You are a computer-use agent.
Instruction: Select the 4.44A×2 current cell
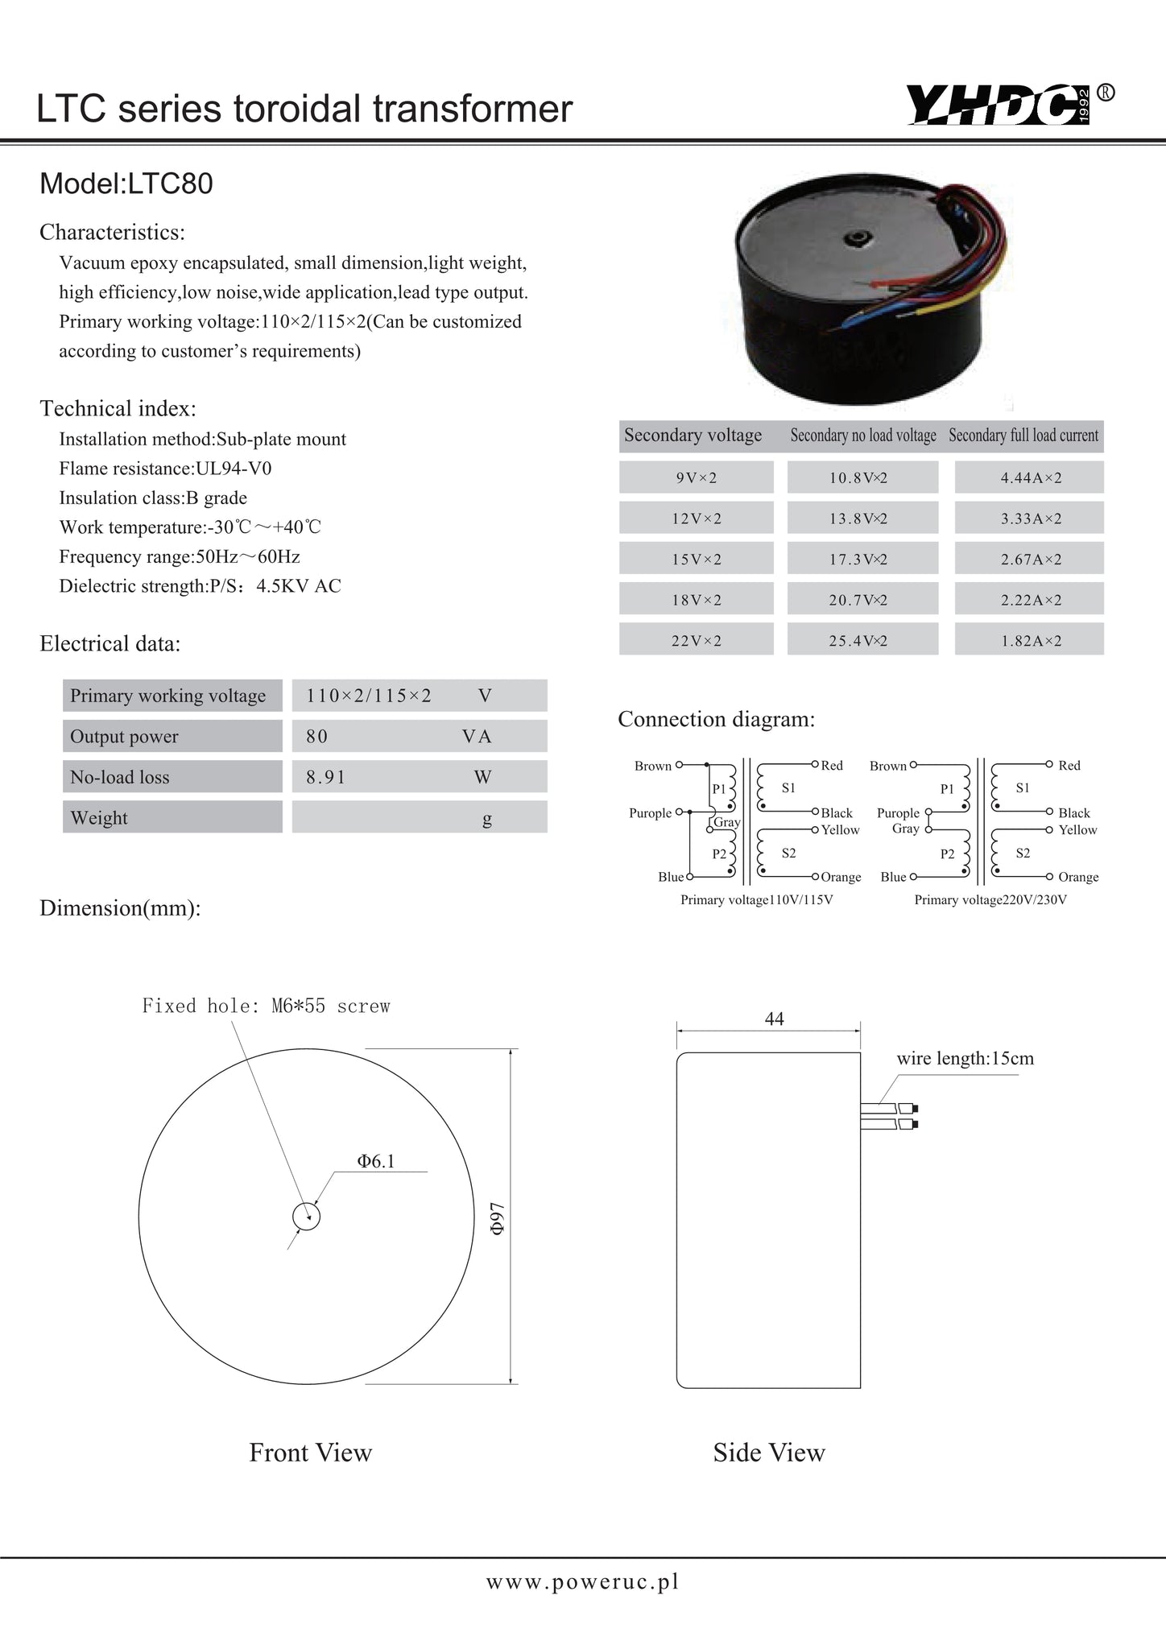tap(1030, 477)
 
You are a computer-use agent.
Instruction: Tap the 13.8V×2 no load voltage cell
tap(862, 519)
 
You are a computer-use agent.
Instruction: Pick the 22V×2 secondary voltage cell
tap(697, 640)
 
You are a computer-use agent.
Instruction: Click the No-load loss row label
tap(172, 777)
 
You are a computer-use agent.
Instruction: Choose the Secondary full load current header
tap(1023, 436)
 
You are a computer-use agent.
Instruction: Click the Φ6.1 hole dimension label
tap(376, 1160)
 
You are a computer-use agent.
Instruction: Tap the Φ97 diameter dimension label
tap(498, 1217)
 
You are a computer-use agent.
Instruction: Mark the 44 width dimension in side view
tap(774, 1019)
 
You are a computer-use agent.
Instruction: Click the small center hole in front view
tap(306, 1217)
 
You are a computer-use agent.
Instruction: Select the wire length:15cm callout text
tap(965, 1058)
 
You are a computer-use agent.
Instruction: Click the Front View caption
tap(310, 1453)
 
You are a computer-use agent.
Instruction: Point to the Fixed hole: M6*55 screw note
tap(266, 1006)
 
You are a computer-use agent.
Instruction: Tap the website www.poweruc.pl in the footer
tap(582, 1581)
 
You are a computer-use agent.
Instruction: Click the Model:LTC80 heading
tap(126, 184)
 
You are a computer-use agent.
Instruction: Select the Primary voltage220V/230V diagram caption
tap(990, 899)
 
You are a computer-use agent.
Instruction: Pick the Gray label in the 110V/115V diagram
tap(727, 822)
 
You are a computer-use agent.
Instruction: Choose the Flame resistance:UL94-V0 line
tap(171, 469)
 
